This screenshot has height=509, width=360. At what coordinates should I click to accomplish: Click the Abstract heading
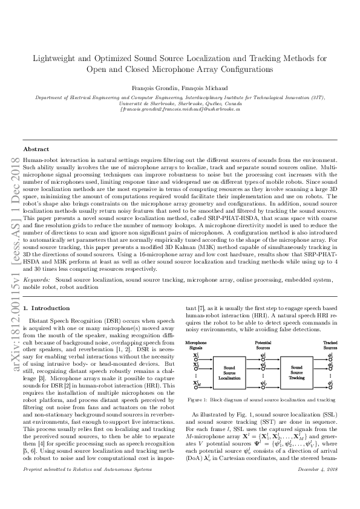(36, 149)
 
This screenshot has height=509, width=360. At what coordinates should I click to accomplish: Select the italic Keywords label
(37, 280)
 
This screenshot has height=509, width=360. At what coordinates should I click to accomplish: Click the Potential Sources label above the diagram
(263, 345)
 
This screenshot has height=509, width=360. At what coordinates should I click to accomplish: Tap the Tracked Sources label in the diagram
(330, 345)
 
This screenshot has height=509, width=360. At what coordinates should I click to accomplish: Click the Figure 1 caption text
(262, 400)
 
